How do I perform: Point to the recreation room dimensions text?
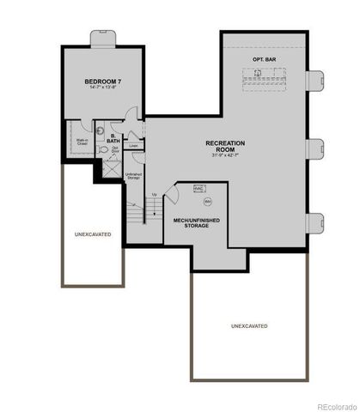coord(226,155)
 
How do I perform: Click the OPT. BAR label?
coord(263,58)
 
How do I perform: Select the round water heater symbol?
coord(207,202)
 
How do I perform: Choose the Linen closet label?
coord(133,146)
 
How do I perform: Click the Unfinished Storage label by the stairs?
coord(133,176)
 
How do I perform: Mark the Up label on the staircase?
coord(154,196)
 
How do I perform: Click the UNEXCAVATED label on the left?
coord(92,233)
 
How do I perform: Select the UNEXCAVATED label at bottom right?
coord(249,327)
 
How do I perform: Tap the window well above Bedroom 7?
coord(102,39)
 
